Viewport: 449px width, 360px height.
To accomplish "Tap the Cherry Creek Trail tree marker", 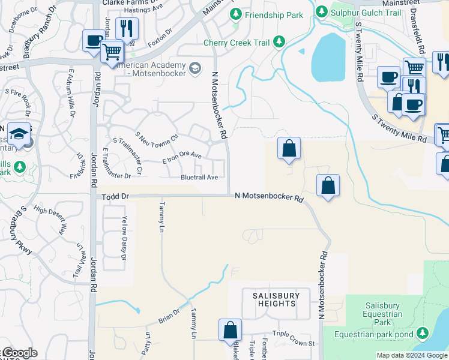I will pyautogui.click(x=279, y=41).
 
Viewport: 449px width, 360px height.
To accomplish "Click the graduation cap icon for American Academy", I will pyautogui.click(x=195, y=69).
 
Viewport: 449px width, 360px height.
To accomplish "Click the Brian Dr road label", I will pyautogui.click(x=169, y=316).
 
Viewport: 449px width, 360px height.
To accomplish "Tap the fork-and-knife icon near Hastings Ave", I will pyautogui.click(x=127, y=28).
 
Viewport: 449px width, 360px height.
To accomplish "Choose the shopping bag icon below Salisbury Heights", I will pyautogui.click(x=230, y=329).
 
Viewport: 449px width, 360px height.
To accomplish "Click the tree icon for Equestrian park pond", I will pyautogui.click(x=423, y=333).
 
